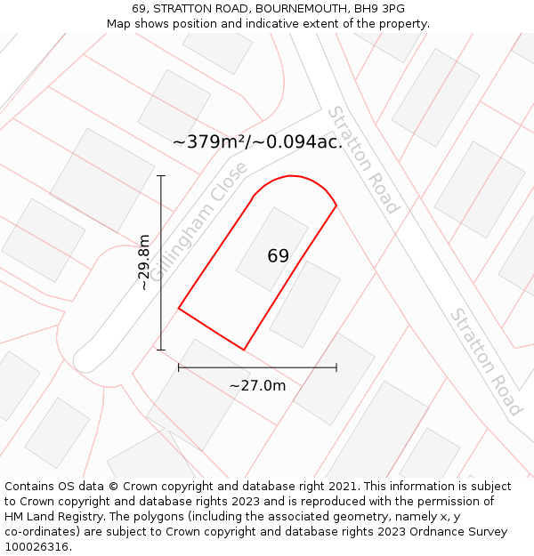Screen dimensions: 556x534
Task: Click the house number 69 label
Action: click(x=278, y=256)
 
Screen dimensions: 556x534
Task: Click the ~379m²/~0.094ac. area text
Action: click(x=257, y=141)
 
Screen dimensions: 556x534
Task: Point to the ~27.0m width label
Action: click(x=257, y=385)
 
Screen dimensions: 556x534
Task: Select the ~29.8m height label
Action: click(x=144, y=262)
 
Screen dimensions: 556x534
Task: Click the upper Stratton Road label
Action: click(x=362, y=160)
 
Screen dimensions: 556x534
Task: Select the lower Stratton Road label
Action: click(x=485, y=362)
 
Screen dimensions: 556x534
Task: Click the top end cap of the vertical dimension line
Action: click(x=161, y=176)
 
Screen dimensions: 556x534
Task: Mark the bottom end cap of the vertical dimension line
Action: click(x=161, y=350)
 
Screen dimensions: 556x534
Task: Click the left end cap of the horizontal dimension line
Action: click(x=179, y=367)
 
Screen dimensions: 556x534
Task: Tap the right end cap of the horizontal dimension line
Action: click(x=336, y=367)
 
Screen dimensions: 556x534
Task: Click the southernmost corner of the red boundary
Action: click(x=244, y=350)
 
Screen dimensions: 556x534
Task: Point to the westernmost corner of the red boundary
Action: click(x=179, y=309)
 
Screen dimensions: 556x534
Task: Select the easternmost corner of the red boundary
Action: click(x=336, y=205)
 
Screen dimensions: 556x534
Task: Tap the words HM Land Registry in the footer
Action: click(x=49, y=516)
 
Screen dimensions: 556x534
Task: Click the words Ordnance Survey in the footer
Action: click(x=461, y=531)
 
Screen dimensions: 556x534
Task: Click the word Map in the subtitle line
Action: click(x=119, y=24)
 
